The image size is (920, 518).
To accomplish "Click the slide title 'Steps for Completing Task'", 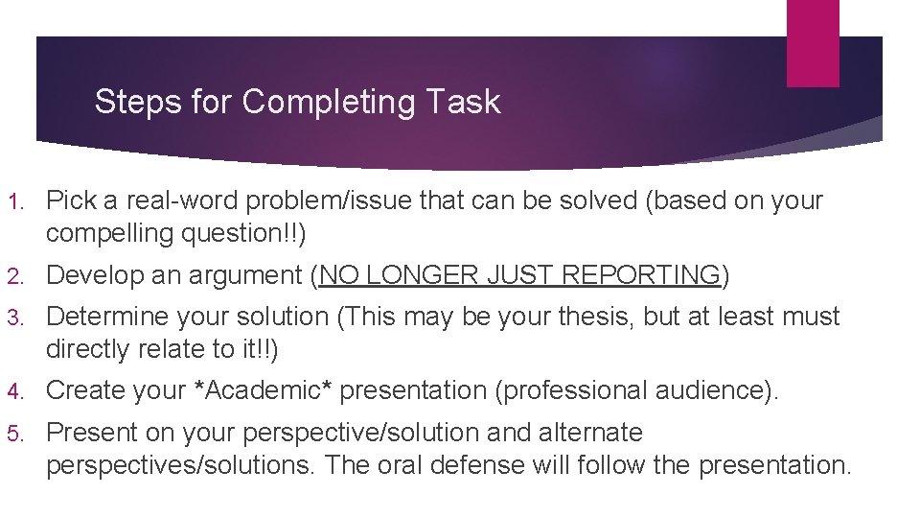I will pos(297,102).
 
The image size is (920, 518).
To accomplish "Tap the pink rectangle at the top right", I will pos(813,42).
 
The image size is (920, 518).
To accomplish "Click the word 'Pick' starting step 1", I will pos(70,200).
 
